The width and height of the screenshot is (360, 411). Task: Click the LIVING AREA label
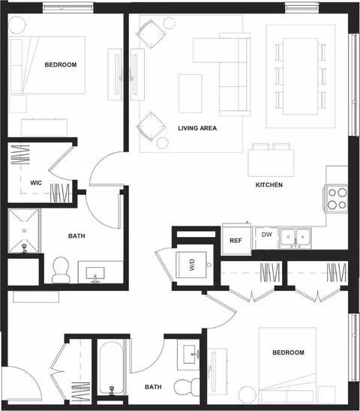[x=197, y=128]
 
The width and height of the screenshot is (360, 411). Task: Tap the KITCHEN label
[x=269, y=184]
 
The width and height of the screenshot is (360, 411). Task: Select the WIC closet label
[x=36, y=183]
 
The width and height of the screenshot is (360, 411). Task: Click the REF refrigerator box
[x=236, y=239]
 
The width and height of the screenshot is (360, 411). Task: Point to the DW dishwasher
[x=267, y=238]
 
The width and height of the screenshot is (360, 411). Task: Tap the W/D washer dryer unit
[x=191, y=265]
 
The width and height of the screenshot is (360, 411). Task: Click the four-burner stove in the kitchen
[x=337, y=199]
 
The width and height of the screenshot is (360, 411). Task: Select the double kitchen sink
[x=295, y=238]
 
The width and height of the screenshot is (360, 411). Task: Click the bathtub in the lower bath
[x=111, y=367]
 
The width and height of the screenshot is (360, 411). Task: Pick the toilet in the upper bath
[x=61, y=270]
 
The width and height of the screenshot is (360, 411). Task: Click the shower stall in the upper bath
[x=24, y=231]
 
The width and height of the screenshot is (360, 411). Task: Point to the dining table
[x=301, y=76]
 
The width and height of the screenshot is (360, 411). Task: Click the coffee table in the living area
[x=190, y=93]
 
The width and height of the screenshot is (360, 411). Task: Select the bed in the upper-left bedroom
[x=47, y=65]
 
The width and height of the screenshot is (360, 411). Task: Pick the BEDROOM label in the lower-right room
[x=289, y=352]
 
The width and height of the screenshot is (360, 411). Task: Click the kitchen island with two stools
[x=271, y=163]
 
